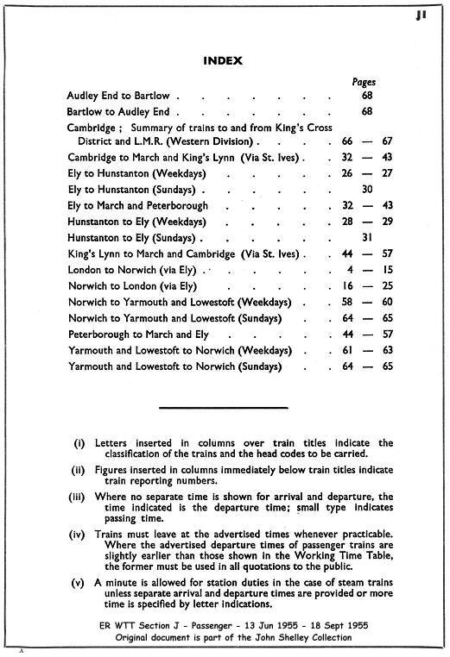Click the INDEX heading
pos(224,61)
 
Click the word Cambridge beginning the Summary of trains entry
pos(92,127)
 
